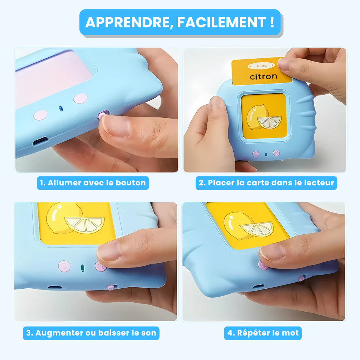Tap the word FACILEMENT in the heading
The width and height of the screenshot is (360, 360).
pos(221,22)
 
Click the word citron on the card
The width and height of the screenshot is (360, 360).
pos(264,76)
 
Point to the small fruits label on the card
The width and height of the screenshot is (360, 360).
pos(261,66)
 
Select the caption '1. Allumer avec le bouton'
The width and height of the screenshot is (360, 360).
pos(93,183)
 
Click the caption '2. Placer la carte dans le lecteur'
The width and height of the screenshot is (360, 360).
pos(266,183)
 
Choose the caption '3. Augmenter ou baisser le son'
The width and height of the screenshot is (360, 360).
pos(91,333)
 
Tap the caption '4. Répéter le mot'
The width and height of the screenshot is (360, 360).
pos(263,333)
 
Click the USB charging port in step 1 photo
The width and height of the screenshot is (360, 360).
pos(40,140)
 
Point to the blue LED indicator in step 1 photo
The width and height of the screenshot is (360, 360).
pos(61,108)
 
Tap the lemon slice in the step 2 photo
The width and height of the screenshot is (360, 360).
pos(270,122)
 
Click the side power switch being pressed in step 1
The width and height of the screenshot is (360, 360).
pos(103,114)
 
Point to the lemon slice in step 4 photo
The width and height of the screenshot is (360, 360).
pos(257,229)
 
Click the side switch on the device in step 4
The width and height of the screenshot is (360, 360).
pos(302,278)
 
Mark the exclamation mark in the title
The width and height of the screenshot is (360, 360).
pos(272,22)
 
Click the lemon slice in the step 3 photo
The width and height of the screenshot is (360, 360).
pos(85,225)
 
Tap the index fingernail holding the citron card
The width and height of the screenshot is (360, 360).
pos(284,64)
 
